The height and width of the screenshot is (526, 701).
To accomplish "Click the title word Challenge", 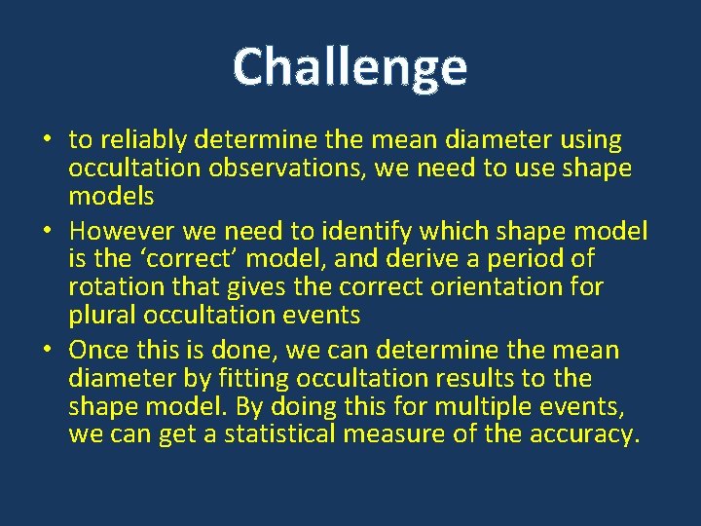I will tap(350, 67).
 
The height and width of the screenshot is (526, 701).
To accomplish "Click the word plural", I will tap(102, 316).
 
